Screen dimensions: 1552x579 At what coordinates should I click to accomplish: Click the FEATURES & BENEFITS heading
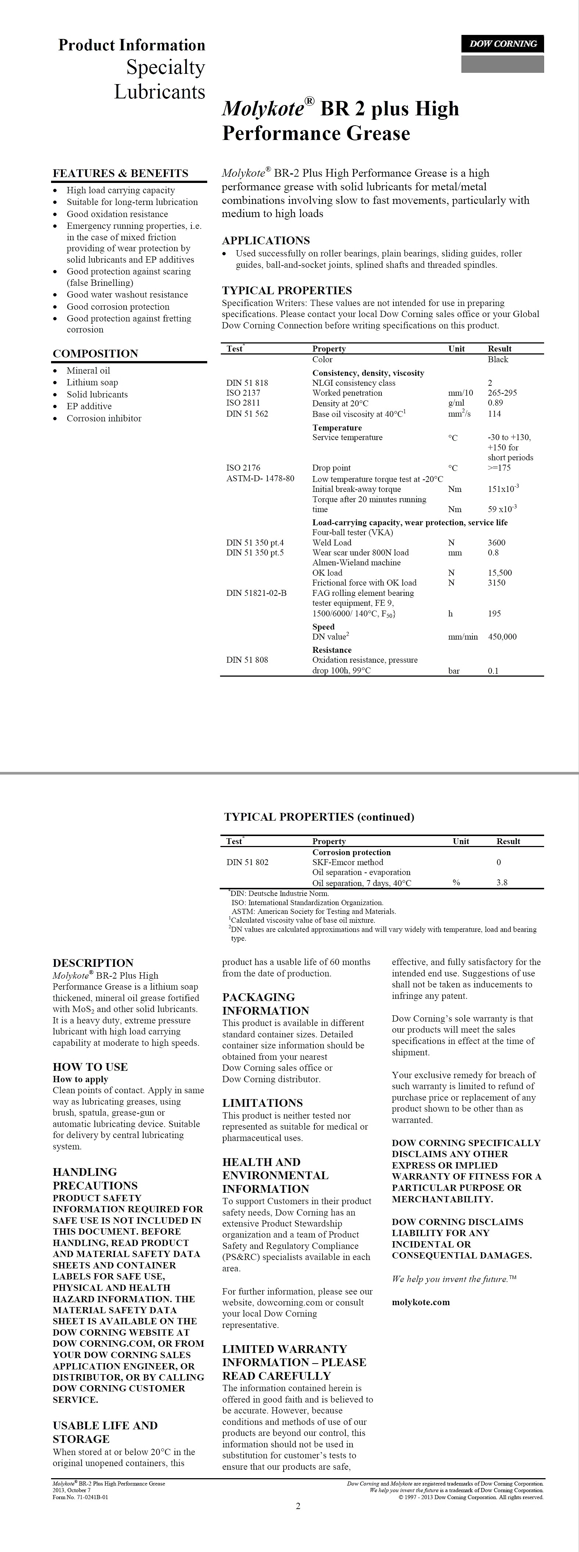[121, 173]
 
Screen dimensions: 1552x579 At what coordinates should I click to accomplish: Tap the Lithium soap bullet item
[92, 382]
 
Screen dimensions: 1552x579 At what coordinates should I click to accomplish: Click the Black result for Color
[498, 360]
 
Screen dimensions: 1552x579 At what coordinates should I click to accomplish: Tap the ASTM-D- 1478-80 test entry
[260, 478]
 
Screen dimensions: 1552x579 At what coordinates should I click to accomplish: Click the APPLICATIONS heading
[266, 240]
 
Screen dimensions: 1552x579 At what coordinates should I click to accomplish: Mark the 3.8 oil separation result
[502, 883]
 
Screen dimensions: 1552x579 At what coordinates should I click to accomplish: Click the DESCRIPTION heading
[93, 963]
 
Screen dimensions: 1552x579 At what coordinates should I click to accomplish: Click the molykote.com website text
[421, 1302]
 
